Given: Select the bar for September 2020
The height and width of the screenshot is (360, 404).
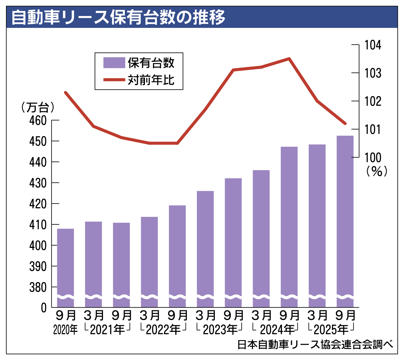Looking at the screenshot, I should pos(65,262).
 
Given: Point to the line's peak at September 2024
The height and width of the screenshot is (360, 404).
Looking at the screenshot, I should pos(289,59).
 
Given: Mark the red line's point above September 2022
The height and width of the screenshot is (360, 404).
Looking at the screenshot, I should pos(177,143).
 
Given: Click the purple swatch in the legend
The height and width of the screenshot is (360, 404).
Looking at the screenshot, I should pos(114,63).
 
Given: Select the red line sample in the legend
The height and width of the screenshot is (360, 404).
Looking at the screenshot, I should pos(114,80).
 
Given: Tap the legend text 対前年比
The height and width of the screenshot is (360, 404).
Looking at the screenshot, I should pos(151,80).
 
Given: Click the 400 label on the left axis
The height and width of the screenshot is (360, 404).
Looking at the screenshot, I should pos(38,245).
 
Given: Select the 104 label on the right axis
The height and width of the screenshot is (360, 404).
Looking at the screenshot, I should pos(373,45).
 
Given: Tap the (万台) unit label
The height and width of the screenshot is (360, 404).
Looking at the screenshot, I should pos(38,107).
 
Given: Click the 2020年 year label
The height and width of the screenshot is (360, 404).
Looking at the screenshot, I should pos(65,330).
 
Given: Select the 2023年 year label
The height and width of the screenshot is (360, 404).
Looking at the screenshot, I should pos(220,330).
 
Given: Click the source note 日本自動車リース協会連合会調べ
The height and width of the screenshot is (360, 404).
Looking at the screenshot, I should pos(315,344).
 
